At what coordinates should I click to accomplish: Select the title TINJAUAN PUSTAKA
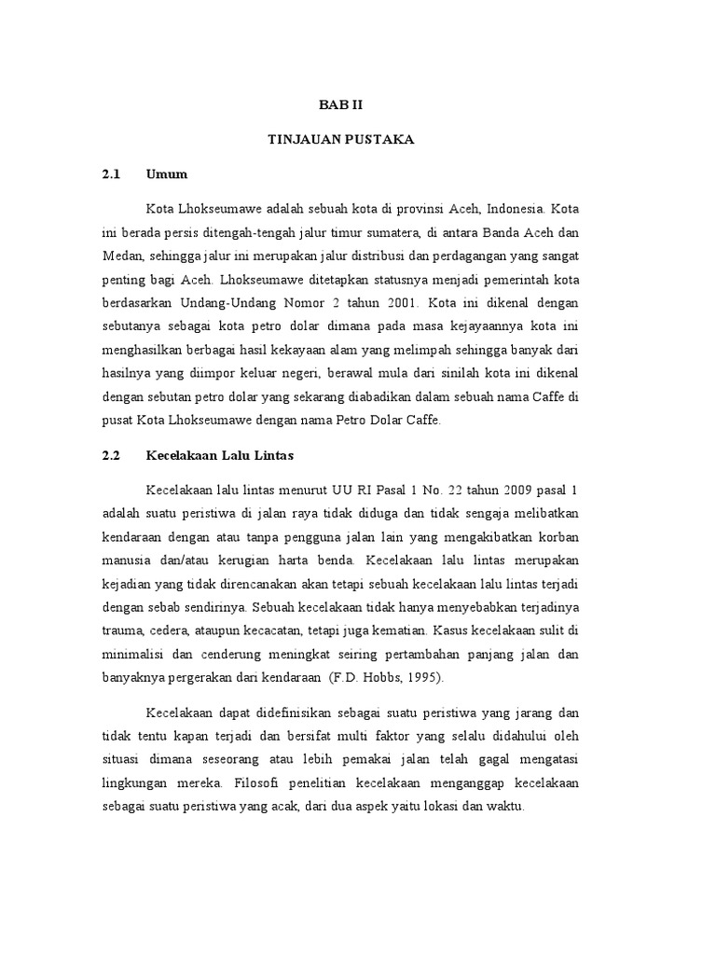tap(340, 140)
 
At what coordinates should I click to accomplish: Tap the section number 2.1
tap(112, 174)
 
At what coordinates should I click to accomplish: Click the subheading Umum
tap(167, 174)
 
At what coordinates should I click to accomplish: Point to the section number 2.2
tap(112, 456)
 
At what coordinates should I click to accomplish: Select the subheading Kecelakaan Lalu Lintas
tap(220, 456)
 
